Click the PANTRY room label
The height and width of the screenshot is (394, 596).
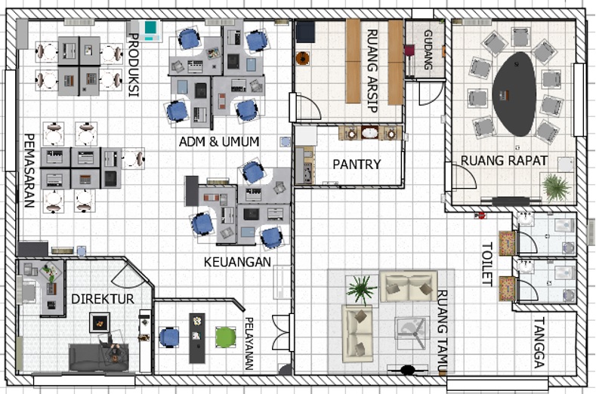[357, 164]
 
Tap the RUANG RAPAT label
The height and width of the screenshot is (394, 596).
[504, 161]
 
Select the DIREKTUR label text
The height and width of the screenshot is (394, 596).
[103, 299]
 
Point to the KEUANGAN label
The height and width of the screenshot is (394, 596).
[237, 262]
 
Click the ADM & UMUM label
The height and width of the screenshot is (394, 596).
[219, 142]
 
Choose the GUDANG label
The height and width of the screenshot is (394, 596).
[428, 50]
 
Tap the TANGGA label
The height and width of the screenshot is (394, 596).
[539, 343]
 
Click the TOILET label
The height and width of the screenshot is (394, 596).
[487, 263]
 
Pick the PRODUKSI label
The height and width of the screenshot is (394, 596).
[134, 65]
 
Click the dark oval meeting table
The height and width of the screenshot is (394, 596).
[514, 94]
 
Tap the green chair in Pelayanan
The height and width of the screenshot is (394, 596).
[225, 337]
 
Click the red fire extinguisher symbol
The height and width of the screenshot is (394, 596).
[480, 216]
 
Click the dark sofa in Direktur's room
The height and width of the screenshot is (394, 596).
[99, 357]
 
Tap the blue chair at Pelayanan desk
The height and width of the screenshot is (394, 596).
[168, 337]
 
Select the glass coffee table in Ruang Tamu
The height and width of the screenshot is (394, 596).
[412, 333]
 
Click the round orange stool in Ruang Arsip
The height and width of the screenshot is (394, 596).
[303, 58]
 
